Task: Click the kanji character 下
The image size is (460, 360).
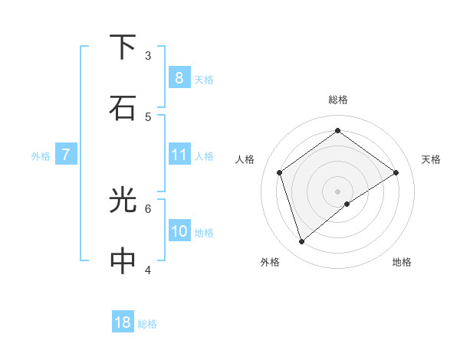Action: click(x=123, y=47)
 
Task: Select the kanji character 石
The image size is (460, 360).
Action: click(x=123, y=108)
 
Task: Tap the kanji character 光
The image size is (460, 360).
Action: click(x=123, y=201)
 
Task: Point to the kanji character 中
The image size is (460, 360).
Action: click(x=123, y=261)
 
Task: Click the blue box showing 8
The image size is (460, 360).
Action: click(x=179, y=77)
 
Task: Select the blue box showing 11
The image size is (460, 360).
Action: click(x=179, y=155)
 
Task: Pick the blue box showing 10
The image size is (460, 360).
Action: click(x=179, y=231)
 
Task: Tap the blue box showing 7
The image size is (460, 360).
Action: click(x=66, y=155)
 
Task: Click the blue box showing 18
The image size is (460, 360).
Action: click(x=123, y=322)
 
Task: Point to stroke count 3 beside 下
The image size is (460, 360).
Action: click(x=148, y=55)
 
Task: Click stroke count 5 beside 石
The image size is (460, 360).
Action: click(x=148, y=116)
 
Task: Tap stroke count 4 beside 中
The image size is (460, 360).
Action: click(x=148, y=270)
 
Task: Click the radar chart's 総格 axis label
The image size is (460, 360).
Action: click(x=338, y=100)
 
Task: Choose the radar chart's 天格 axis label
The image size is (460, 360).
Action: click(x=431, y=159)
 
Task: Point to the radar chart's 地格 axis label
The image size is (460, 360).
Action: click(x=402, y=262)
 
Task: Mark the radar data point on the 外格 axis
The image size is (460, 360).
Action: click(x=301, y=242)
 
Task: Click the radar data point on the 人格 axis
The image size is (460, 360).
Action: click(x=279, y=172)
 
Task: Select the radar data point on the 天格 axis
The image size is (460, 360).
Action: click(x=396, y=172)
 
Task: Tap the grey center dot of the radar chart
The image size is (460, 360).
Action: click(x=338, y=191)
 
